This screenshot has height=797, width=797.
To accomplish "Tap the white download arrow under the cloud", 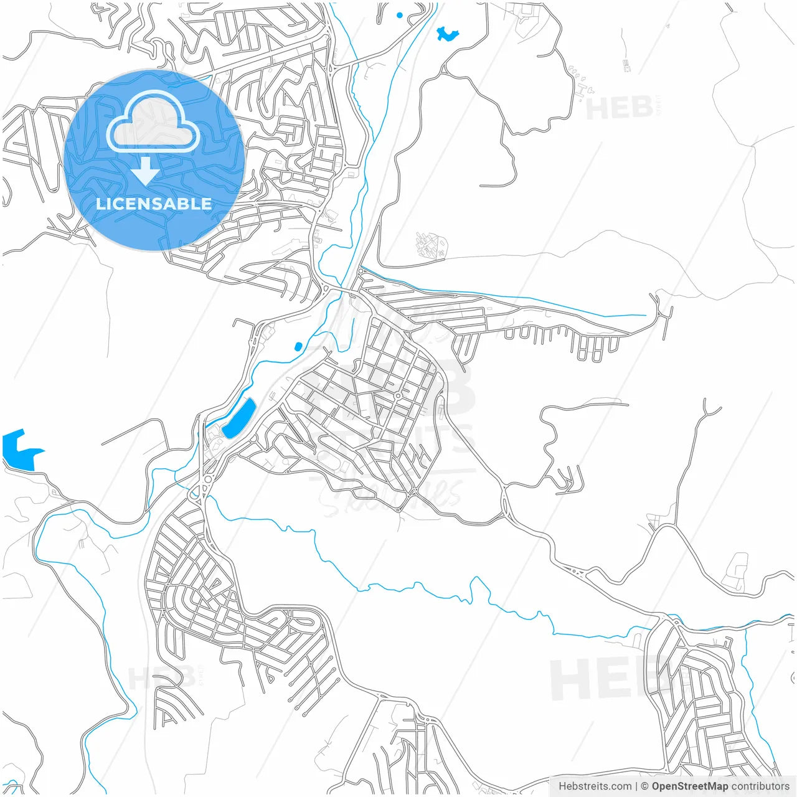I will click(x=146, y=171).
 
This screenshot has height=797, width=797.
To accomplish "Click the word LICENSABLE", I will click(x=154, y=204).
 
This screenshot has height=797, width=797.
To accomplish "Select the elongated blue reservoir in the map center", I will click(x=239, y=418).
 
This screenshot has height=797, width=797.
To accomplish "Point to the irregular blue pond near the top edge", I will click(x=446, y=34).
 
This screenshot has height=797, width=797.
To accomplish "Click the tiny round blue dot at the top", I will click(x=399, y=15).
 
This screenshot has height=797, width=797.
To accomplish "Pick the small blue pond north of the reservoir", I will click(x=298, y=346).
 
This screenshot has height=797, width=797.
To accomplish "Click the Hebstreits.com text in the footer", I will click(x=595, y=786).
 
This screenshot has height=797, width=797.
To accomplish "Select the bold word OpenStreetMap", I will click(x=689, y=786).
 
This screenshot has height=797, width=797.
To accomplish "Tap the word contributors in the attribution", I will click(x=760, y=786).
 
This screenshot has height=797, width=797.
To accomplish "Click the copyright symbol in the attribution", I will click(x=645, y=786).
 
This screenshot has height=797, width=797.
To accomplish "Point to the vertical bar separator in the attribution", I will click(x=636, y=786).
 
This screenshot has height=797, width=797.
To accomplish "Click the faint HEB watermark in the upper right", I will click(x=619, y=108).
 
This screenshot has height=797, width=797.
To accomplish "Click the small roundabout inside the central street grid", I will click(x=397, y=395).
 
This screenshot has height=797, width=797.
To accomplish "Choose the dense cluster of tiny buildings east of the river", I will click(x=432, y=245).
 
